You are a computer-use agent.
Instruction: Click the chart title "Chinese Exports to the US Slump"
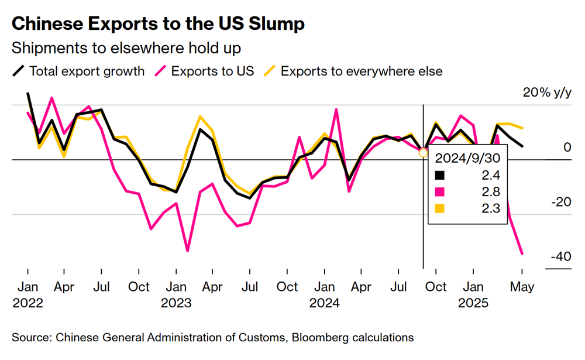click(x=158, y=24)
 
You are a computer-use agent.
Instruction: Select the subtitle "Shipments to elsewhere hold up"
click(x=126, y=47)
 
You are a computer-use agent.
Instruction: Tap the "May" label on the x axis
click(x=522, y=287)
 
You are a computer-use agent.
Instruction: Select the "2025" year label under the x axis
click(x=473, y=303)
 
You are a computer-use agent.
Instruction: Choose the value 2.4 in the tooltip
click(x=491, y=175)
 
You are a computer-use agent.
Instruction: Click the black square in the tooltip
click(x=441, y=175)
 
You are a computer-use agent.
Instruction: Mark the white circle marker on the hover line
click(x=424, y=153)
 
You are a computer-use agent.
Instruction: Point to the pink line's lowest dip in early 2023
click(x=188, y=251)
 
